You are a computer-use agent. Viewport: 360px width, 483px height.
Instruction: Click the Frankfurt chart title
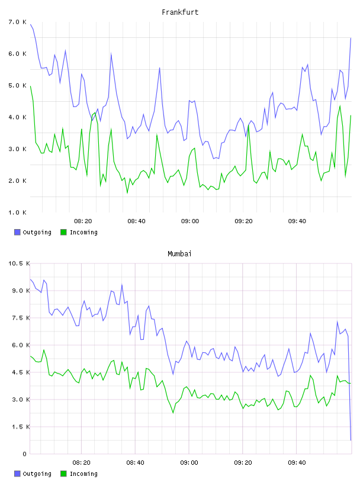click(x=180, y=12)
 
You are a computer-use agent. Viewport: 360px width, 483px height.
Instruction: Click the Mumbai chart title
click(x=179, y=254)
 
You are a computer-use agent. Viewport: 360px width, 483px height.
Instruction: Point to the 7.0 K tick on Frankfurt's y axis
click(x=17, y=22)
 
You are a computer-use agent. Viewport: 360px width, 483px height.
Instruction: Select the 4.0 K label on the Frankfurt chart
click(x=17, y=117)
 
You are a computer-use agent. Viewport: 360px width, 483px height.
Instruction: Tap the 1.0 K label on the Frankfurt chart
click(x=17, y=212)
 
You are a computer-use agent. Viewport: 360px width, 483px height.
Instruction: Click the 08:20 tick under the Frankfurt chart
click(x=83, y=221)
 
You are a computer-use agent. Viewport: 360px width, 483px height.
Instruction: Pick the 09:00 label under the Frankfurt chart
click(x=190, y=221)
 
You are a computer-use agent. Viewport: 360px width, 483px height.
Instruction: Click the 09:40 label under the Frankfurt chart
click(x=297, y=221)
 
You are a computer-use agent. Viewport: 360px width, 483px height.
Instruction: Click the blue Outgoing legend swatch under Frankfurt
click(x=17, y=232)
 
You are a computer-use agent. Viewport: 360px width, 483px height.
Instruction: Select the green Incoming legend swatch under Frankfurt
click(x=63, y=232)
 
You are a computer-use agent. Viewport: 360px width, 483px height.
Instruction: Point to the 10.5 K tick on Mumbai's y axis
click(x=19, y=263)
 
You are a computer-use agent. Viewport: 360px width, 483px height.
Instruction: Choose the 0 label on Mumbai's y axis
click(x=25, y=454)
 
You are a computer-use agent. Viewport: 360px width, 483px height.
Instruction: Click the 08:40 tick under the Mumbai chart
click(x=136, y=462)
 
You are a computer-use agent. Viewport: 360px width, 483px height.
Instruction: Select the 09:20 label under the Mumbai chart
click(x=243, y=462)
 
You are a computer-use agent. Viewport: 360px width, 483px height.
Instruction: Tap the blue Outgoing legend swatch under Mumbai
click(x=17, y=474)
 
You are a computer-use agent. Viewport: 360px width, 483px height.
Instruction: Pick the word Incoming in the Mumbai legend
click(x=83, y=474)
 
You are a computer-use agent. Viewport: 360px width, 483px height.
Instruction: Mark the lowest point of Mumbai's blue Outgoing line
click(x=351, y=440)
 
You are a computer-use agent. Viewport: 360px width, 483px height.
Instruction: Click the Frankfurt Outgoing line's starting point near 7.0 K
click(x=31, y=24)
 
